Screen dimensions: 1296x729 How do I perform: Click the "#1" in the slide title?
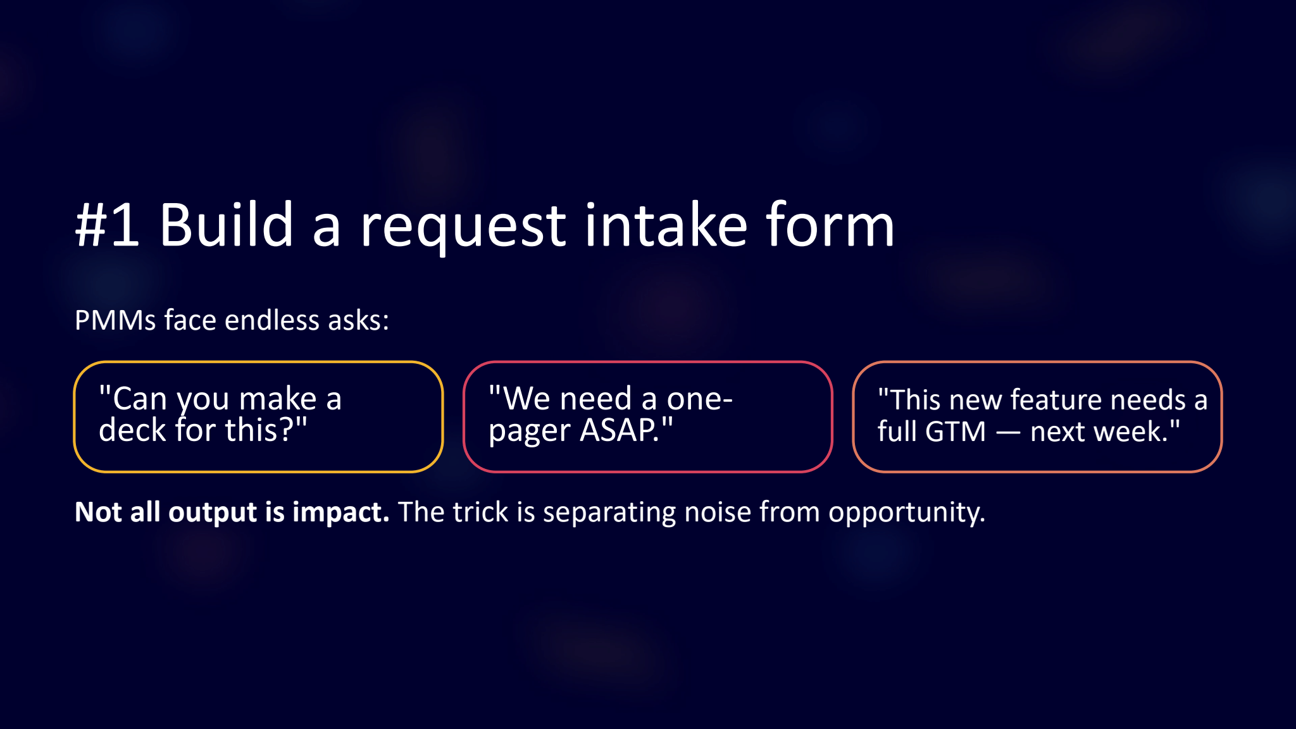[107, 225]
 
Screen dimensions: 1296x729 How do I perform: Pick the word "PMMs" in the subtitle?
[115, 320]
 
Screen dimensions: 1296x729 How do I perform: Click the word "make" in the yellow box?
[278, 399]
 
